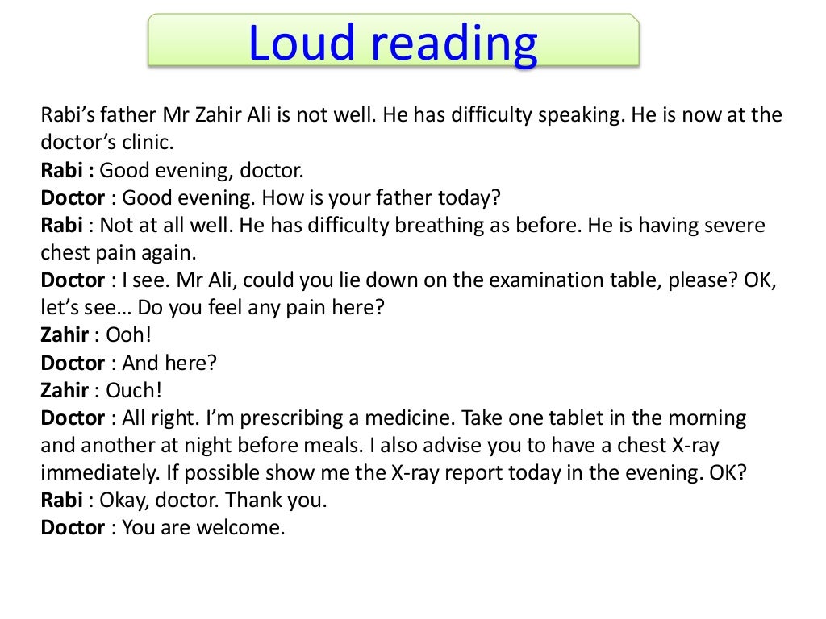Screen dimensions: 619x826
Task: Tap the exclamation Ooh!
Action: click(128, 335)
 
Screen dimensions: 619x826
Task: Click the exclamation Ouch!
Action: click(134, 390)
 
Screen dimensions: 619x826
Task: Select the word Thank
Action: click(251, 501)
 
